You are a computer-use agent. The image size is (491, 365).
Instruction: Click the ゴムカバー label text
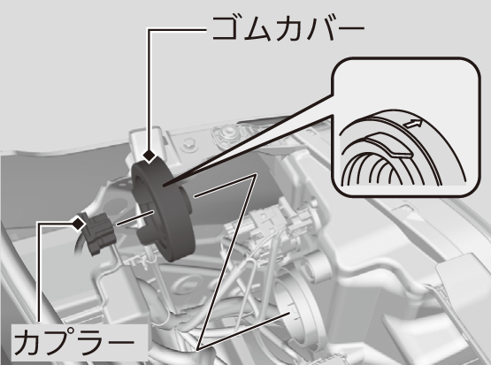pyautogui.click(x=288, y=28)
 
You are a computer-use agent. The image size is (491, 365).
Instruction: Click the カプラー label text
pyautogui.click(x=74, y=343)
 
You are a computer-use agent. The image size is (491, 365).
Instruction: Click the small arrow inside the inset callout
pyautogui.click(x=413, y=124)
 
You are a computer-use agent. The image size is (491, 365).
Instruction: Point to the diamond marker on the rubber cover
pyautogui.click(x=150, y=156)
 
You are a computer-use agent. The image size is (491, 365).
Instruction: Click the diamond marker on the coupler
pyautogui.click(x=79, y=224)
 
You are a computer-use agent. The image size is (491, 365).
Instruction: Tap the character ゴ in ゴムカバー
pyautogui.click(x=226, y=28)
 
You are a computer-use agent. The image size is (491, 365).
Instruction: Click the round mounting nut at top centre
pyautogui.click(x=227, y=132)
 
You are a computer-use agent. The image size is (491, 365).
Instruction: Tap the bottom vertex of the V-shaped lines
pyautogui.click(x=198, y=348)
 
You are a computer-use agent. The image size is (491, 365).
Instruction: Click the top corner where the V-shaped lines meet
pyautogui.click(x=254, y=175)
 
